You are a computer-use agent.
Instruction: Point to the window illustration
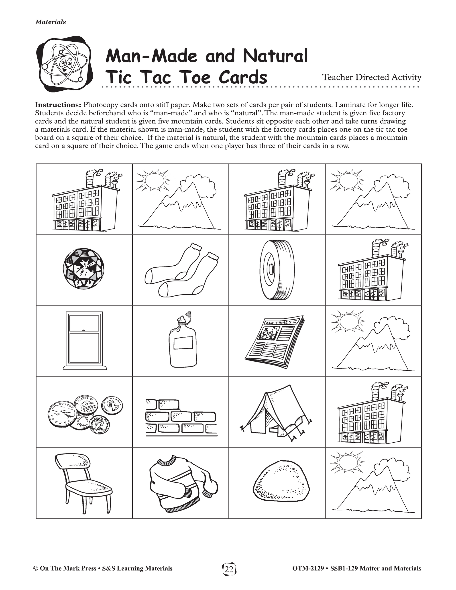(x=85, y=341)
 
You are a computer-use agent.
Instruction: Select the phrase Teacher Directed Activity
(x=371, y=77)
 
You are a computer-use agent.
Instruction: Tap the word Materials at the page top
(x=51, y=22)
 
